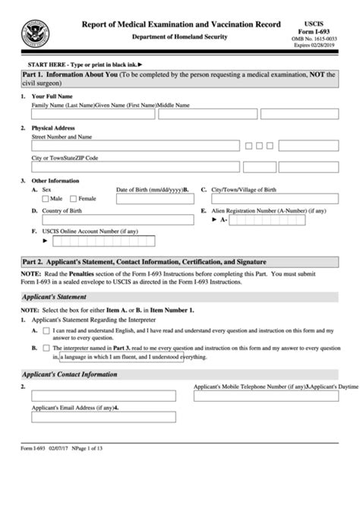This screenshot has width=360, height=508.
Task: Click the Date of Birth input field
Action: point(153,200)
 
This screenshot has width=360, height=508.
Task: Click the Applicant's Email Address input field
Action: point(103,417)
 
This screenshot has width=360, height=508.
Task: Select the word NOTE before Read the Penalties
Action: point(30,273)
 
